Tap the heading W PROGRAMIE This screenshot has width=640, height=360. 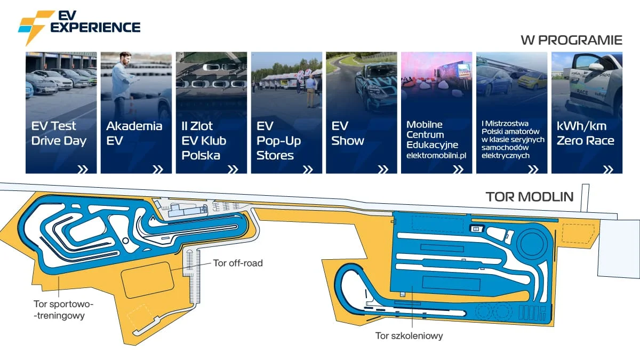point(571,41)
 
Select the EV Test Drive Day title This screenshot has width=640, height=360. point(59,133)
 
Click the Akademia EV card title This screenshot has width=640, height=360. point(134,133)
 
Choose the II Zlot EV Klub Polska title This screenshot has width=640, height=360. point(204,141)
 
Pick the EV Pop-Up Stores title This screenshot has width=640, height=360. point(278,141)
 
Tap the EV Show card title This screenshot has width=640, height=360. point(348,133)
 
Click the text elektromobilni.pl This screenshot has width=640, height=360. point(436,155)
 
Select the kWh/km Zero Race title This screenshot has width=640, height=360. point(585,133)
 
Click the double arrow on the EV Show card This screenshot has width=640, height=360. point(383,170)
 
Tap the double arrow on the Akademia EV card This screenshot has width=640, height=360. point(158,170)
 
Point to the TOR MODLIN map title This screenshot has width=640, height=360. point(530,197)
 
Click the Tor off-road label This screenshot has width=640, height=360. point(238,263)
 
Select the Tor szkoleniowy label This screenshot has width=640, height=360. point(409,335)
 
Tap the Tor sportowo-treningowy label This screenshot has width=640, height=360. point(63,310)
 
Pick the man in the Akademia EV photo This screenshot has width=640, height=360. point(123,86)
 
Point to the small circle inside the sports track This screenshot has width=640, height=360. point(125,241)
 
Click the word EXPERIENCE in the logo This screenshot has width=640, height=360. point(95,27)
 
